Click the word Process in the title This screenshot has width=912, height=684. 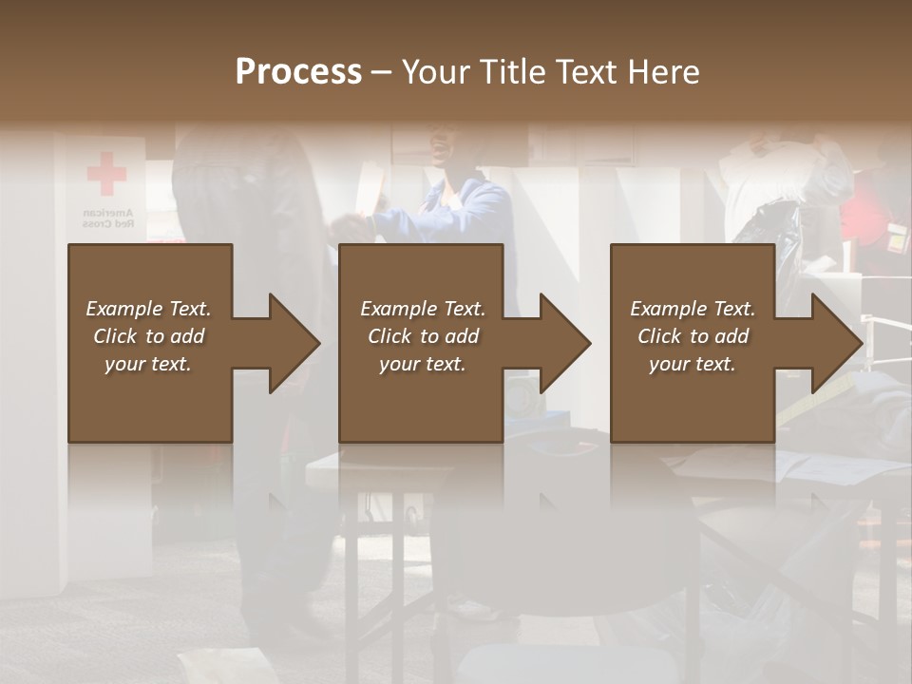pos(298,72)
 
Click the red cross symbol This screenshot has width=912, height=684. pos(106,173)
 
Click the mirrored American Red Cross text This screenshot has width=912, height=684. pos(106,218)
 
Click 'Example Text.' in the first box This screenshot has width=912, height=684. pos(148,309)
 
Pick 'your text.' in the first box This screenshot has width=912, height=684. pos(148,364)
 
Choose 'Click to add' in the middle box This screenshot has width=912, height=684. pos(423,336)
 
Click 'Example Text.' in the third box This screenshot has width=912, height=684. pos(693,309)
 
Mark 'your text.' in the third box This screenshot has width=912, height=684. pos(693,364)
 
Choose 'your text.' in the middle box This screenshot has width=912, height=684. pos(423,364)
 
